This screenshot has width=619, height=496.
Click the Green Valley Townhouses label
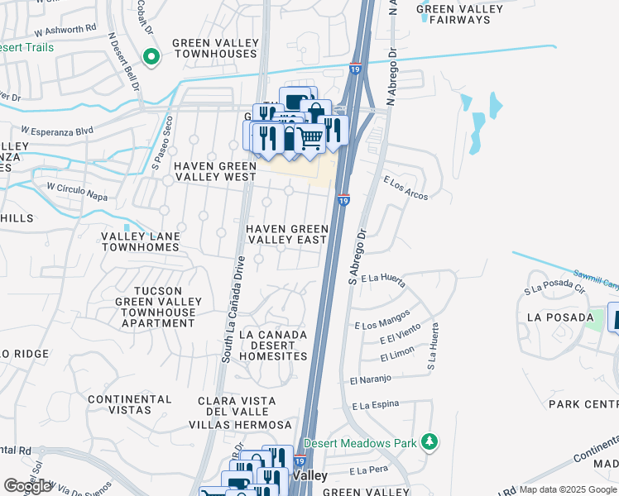[214, 48]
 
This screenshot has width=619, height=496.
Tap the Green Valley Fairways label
[459, 14]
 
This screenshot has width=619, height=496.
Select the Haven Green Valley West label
[214, 171]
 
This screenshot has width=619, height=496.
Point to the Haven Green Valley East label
[285, 234]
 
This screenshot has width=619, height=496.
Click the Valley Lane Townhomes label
[141, 241]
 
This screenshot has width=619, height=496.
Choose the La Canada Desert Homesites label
[272, 346]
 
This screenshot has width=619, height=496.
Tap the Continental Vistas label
[129, 404]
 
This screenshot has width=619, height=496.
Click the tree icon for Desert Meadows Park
[429, 442]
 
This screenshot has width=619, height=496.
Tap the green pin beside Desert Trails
[151, 57]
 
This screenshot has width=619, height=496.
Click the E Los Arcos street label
[405, 185]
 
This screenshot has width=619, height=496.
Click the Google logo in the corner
[27, 486]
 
